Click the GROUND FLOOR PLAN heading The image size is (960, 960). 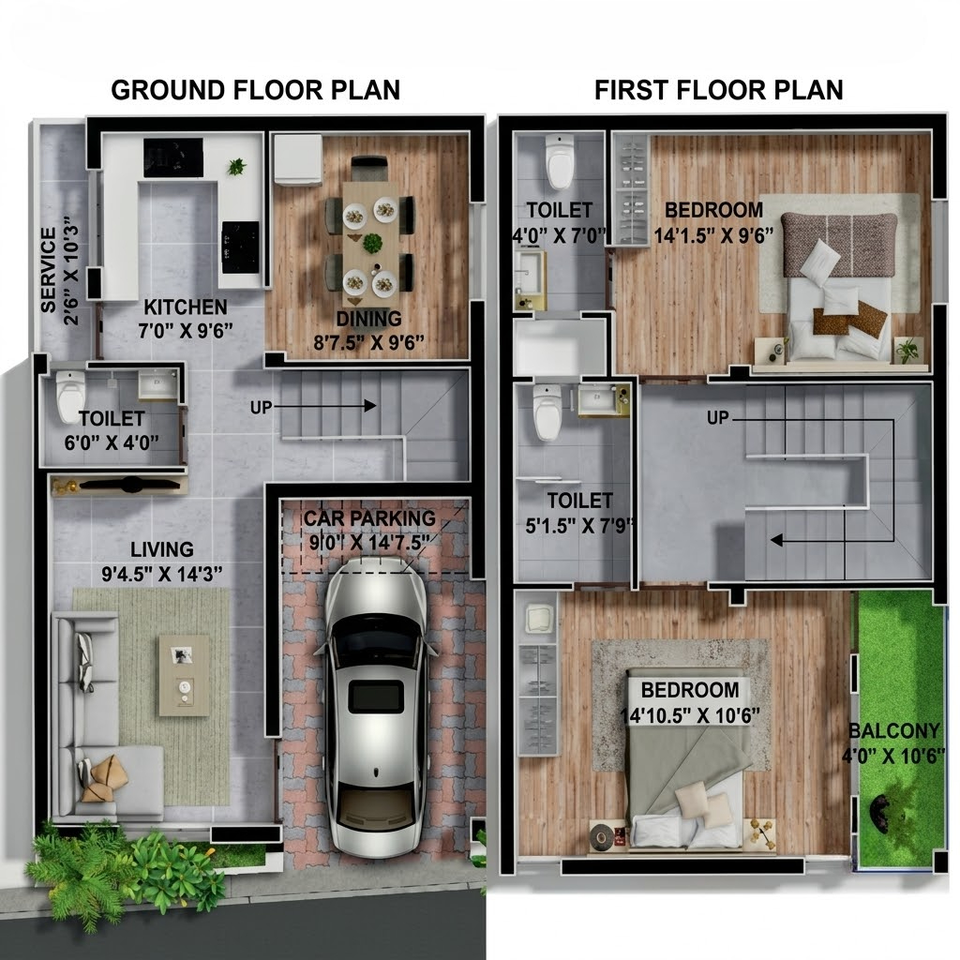click(255, 90)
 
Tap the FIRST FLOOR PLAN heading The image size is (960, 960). click(719, 90)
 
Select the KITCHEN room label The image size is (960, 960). click(186, 307)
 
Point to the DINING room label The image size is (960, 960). click(368, 319)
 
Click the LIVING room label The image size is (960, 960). click(161, 549)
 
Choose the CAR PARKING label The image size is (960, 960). click(369, 518)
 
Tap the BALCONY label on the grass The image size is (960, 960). click(893, 731)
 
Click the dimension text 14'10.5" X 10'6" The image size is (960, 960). click(690, 715)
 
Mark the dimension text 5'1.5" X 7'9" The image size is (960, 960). click(579, 525)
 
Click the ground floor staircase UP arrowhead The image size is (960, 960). click(369, 405)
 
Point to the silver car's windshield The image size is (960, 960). click(375, 640)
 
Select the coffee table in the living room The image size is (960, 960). click(184, 675)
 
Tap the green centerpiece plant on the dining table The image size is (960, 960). click(372, 243)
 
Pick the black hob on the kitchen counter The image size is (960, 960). click(240, 247)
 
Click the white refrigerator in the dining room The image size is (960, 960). click(297, 159)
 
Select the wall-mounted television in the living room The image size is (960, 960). click(129, 485)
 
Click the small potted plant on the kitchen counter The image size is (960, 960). click(236, 166)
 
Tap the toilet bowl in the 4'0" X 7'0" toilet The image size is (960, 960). click(560, 161)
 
